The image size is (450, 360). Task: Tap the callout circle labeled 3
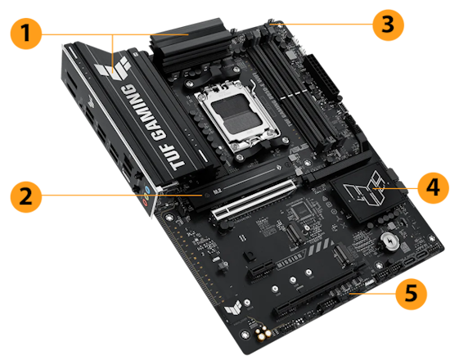click(385, 25)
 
